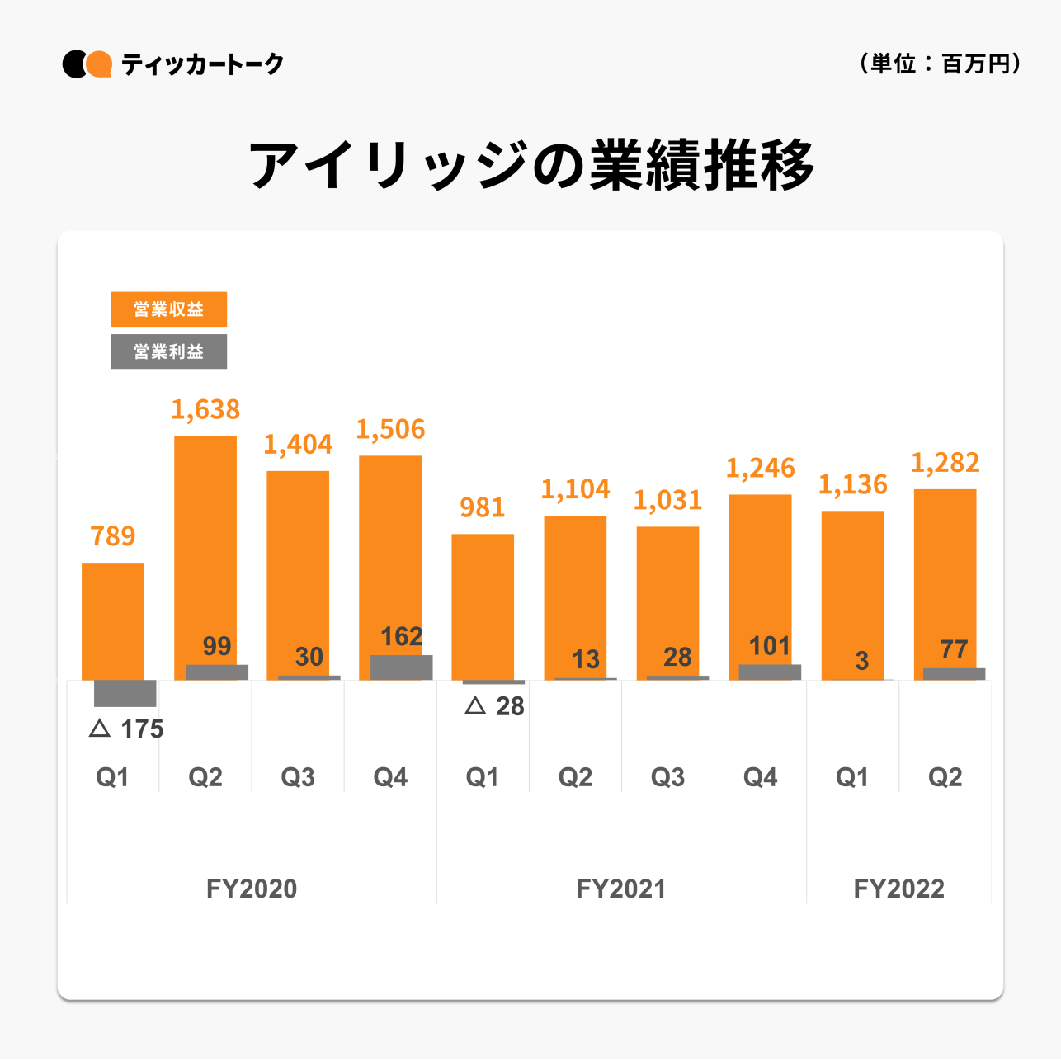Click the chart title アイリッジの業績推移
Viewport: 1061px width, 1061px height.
tap(532, 166)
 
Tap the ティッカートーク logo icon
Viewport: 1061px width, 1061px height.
tap(87, 64)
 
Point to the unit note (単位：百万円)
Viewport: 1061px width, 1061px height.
tap(941, 64)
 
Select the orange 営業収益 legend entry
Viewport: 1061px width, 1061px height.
tap(168, 309)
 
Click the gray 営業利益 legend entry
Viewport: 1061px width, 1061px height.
tap(168, 351)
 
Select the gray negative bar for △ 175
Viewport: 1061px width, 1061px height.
tap(125, 693)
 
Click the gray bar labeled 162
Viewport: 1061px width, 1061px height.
tap(401, 667)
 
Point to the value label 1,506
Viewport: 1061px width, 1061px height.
tap(390, 429)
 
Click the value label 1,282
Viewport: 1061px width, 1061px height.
tap(945, 463)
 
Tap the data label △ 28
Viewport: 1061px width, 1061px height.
tap(495, 706)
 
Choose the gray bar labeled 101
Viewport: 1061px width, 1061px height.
tap(770, 672)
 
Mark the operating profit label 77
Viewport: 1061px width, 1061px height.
tap(954, 649)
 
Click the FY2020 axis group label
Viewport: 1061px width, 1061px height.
tap(252, 889)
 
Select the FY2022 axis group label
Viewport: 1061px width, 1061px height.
tap(898, 889)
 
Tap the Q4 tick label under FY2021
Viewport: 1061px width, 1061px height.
tap(760, 777)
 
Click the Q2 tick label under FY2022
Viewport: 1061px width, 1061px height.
tap(945, 777)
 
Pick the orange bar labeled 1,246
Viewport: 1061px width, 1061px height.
tap(760, 578)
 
